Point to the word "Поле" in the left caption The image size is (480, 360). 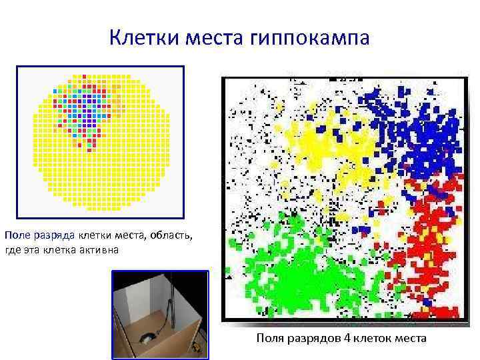click(x=16, y=235)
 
